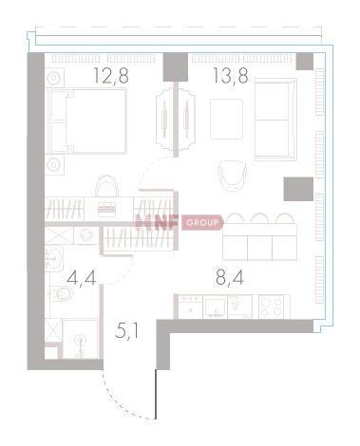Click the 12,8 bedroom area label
pyautogui.click(x=111, y=76)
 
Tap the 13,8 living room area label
pyautogui.click(x=231, y=76)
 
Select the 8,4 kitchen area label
pyautogui.click(x=230, y=278)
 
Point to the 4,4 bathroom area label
pyautogui.click(x=82, y=278)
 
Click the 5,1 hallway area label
pyautogui.click(x=126, y=331)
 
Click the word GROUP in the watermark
pyautogui.click(x=202, y=223)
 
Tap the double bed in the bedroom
pyautogui.click(x=87, y=121)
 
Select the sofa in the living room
pyautogui.click(x=275, y=120)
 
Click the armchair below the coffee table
pyautogui.click(x=233, y=176)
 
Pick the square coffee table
pyautogui.click(x=227, y=119)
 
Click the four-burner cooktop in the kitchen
pyautogui.click(x=275, y=307)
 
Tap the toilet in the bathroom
pyautogui.click(x=62, y=294)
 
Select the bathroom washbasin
pyautogui.click(x=54, y=259)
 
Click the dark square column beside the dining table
pyautogui.click(x=298, y=189)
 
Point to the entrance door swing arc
pyautogui.click(x=125, y=400)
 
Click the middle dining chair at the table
pyautogui.click(x=259, y=218)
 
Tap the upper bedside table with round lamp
pyautogui.click(x=54, y=78)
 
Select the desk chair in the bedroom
pyautogui.click(x=107, y=186)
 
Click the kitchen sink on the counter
pyautogui.click(x=215, y=307)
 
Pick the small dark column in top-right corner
pyautogui.click(x=305, y=62)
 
